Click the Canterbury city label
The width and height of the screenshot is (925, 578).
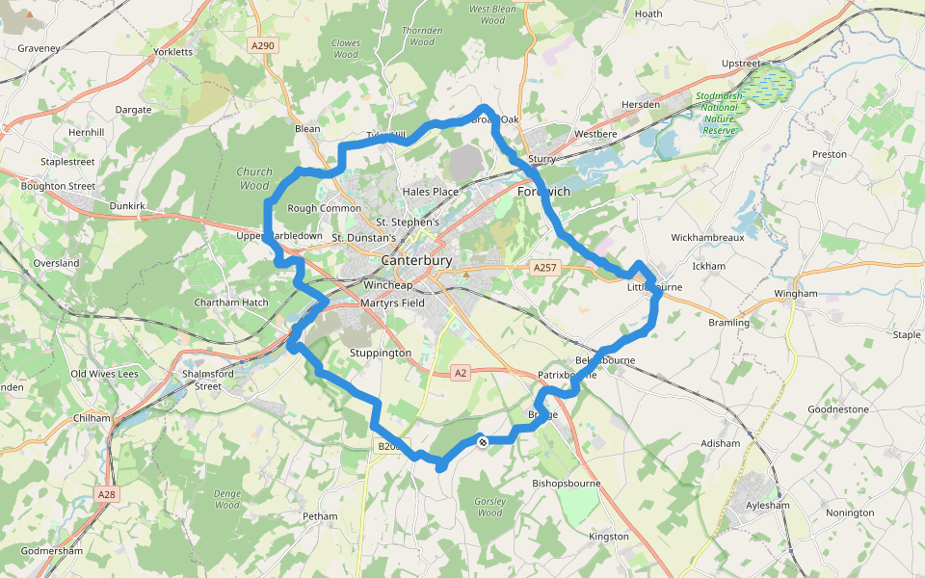tap(416, 260)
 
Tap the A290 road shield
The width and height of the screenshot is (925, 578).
tap(262, 45)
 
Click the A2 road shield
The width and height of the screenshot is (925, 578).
tap(461, 373)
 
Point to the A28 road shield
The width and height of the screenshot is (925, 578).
tap(107, 494)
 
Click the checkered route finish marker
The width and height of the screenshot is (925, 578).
tap(483, 441)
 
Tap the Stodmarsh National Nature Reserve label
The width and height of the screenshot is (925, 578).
tap(718, 114)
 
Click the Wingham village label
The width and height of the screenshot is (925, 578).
tap(795, 294)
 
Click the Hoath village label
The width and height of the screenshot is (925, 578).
tap(648, 13)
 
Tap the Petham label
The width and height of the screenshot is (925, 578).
tap(320, 516)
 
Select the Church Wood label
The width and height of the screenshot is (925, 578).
tap(254, 178)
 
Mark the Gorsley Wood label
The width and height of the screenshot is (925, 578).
tap(490, 507)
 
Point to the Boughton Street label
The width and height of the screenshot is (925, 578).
tap(58, 186)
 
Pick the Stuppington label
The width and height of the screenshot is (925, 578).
tap(381, 354)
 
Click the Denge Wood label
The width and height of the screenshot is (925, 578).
tap(227, 499)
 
